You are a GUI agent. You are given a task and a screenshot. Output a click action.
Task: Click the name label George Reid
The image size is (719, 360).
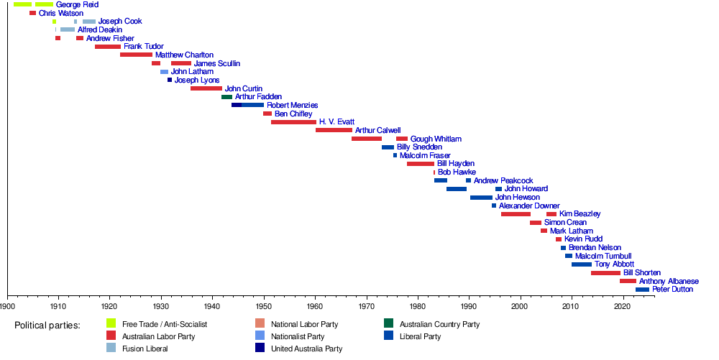77,4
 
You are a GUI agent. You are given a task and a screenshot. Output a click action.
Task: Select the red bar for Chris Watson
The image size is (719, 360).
32,13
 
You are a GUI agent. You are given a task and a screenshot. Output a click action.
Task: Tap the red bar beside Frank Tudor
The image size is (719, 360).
108,47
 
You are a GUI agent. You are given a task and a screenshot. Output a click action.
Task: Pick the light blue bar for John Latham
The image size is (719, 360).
164,72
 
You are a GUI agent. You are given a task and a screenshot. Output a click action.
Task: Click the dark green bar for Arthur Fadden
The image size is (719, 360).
227,97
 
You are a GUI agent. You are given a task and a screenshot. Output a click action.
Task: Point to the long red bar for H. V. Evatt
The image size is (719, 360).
293,122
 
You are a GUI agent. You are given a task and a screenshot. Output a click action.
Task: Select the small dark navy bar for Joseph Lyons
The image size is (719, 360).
170,80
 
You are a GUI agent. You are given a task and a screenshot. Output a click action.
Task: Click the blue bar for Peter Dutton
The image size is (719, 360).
642,290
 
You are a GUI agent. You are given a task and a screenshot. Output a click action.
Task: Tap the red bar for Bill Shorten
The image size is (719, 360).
605,273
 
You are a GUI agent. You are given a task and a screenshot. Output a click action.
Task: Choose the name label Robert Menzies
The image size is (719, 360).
293,106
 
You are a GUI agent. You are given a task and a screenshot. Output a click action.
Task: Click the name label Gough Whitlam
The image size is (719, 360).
436,139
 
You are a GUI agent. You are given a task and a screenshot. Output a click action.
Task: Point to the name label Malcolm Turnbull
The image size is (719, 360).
603,256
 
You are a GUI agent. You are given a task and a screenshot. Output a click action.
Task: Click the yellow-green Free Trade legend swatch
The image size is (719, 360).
111,323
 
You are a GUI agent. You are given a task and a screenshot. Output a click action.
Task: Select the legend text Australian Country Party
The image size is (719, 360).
440,324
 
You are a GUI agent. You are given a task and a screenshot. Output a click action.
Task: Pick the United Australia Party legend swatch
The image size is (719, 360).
260,348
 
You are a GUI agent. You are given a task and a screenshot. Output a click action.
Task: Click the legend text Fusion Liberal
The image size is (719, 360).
145,349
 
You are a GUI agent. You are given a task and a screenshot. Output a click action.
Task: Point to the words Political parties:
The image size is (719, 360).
47,326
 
